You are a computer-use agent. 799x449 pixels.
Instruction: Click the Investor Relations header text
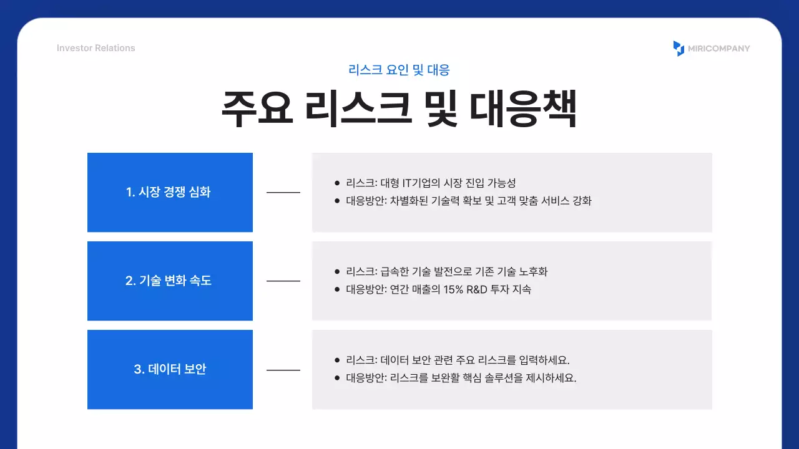click(96, 48)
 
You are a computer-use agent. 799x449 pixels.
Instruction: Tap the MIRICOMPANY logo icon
click(679, 48)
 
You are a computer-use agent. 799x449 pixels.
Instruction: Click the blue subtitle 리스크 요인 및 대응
click(399, 70)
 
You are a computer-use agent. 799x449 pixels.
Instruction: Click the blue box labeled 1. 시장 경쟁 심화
click(170, 192)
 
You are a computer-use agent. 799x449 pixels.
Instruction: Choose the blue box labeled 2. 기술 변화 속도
click(170, 281)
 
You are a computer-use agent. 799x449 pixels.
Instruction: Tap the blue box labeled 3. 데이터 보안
click(170, 369)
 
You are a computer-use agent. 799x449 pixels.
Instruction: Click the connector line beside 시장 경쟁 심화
click(283, 192)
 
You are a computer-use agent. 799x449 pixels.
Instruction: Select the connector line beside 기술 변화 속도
click(283, 281)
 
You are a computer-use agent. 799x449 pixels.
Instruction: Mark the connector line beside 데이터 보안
click(283, 370)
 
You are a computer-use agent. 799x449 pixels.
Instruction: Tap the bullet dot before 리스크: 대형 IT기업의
click(337, 183)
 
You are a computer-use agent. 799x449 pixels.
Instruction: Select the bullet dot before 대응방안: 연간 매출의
click(337, 289)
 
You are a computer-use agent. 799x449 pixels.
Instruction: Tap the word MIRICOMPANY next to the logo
click(719, 48)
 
